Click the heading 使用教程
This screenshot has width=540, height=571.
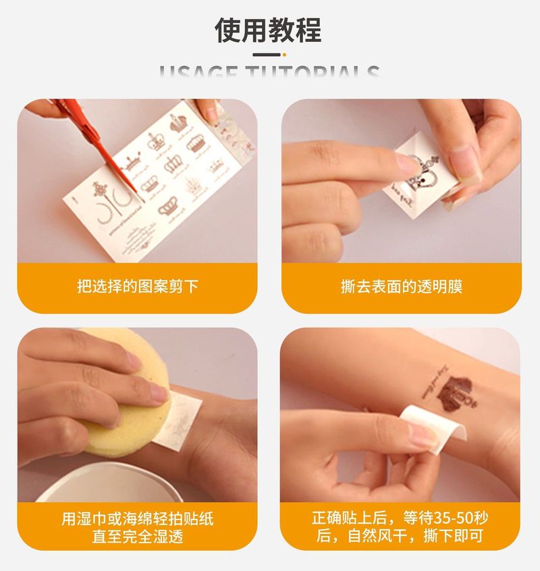pos(269,30)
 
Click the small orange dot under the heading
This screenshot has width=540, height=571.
pos(284,55)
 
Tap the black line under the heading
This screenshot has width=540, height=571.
pos(266,55)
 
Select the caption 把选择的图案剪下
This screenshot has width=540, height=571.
pos(137,287)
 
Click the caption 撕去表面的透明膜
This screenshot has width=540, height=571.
pos(402,287)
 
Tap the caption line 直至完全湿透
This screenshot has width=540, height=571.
pos(137,538)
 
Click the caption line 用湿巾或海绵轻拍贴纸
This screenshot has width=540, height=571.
pos(137,519)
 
